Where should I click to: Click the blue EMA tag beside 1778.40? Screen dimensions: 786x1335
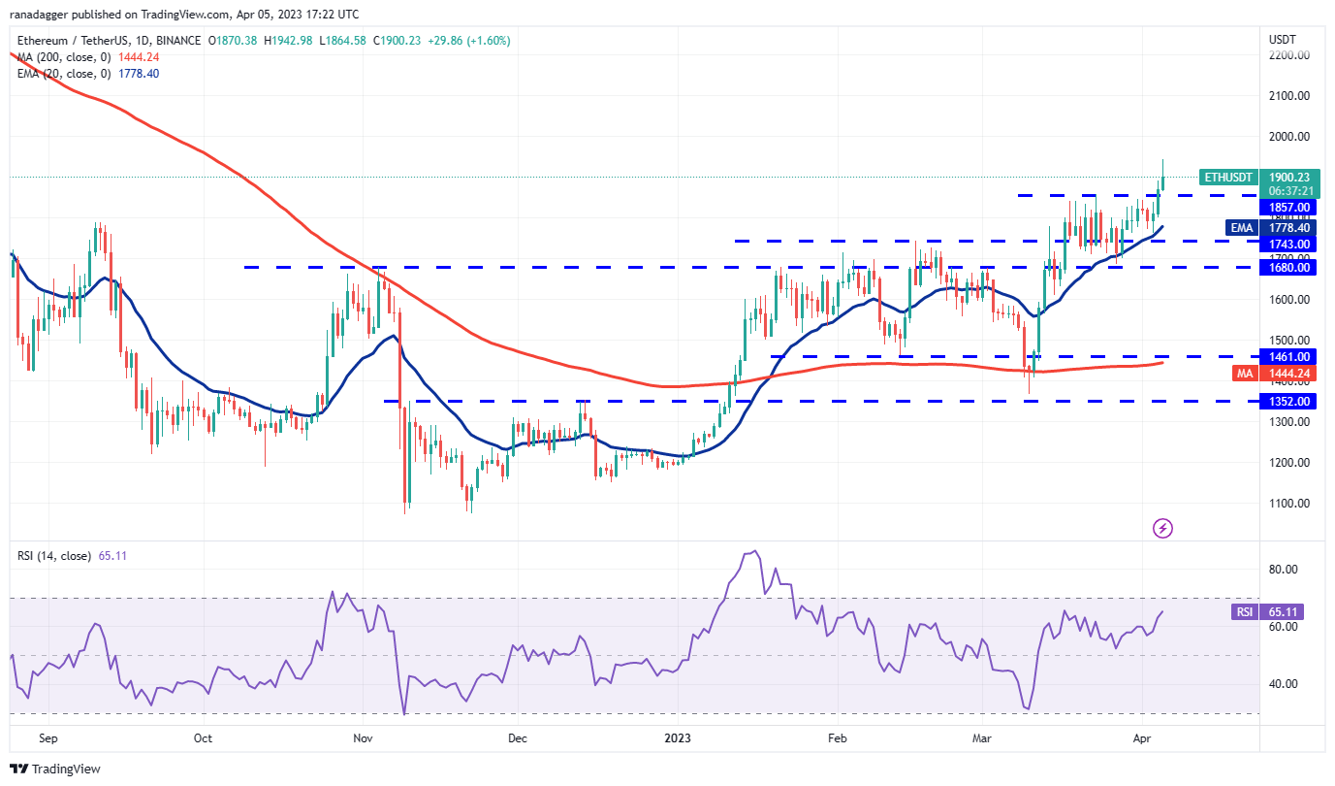point(1240,227)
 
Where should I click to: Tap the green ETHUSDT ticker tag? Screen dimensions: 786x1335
point(1229,178)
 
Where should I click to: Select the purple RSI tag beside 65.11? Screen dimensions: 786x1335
point(1244,612)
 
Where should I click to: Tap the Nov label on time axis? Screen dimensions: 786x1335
point(364,737)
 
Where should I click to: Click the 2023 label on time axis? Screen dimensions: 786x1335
point(678,737)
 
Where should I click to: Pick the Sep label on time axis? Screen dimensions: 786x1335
point(48,737)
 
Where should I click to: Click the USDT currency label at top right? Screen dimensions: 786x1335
point(1283,39)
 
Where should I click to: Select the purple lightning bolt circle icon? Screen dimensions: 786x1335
point(1163,529)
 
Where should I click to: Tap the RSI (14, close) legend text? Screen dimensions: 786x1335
point(54,556)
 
